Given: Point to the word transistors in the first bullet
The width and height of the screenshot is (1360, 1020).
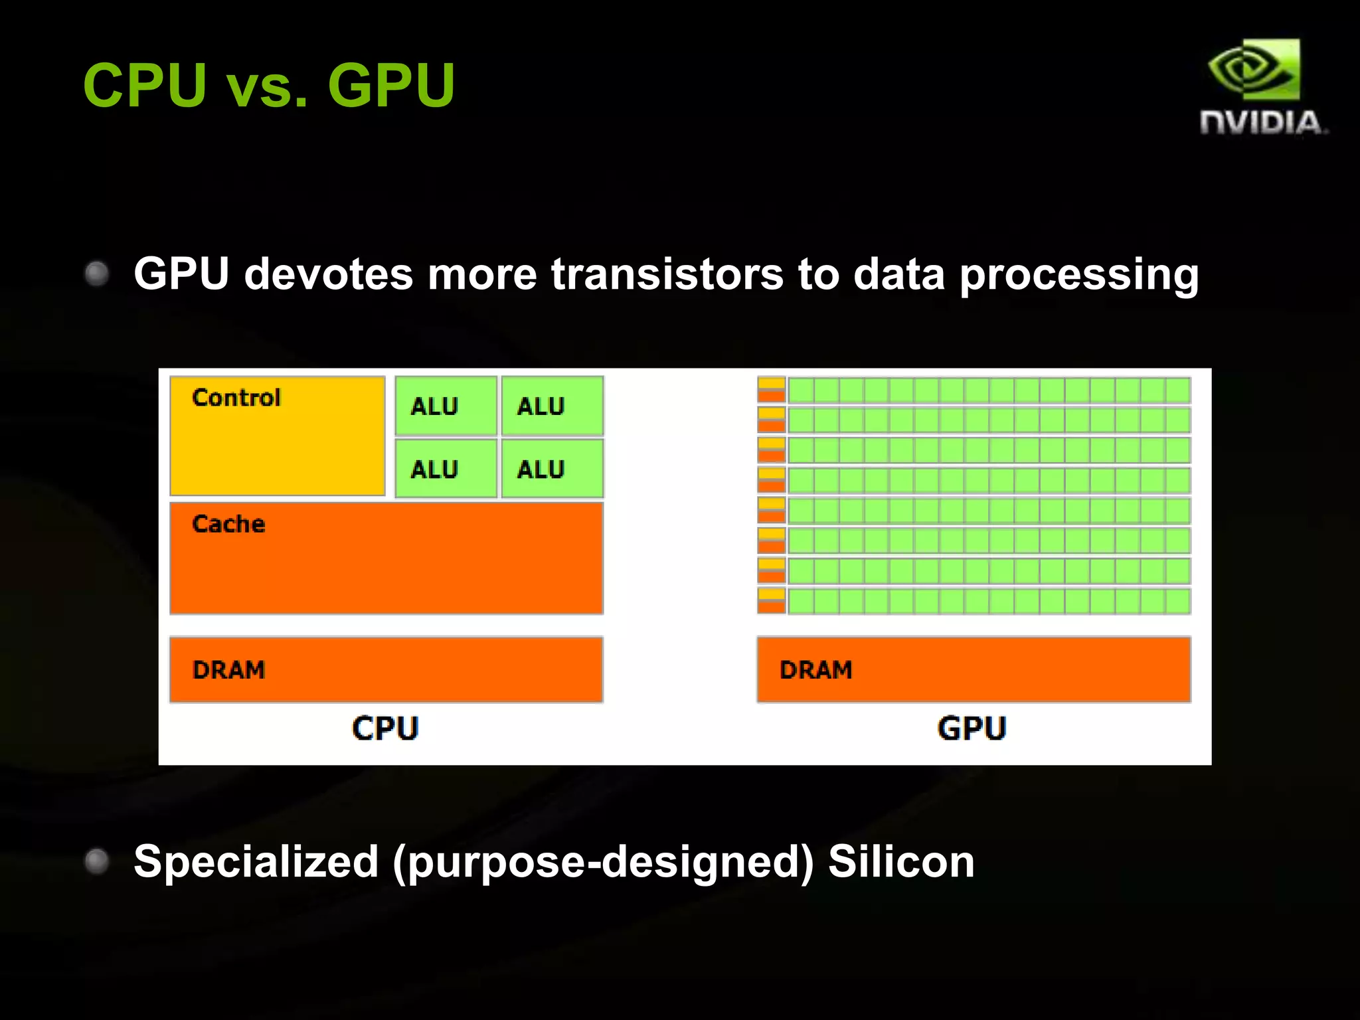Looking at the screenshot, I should point(667,274).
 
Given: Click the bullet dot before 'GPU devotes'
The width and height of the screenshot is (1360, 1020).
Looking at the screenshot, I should point(97,274).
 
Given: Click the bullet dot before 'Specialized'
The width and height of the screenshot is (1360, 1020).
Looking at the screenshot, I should point(97,861).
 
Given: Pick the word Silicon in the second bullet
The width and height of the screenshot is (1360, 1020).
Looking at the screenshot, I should point(901,861).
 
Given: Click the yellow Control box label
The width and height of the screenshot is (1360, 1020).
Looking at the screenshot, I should point(236,398).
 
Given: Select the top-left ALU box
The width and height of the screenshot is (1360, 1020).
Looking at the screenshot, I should point(446,406).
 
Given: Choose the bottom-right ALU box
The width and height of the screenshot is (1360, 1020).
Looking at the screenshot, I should point(552,469).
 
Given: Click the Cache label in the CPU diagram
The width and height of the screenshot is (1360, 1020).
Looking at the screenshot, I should point(228,524).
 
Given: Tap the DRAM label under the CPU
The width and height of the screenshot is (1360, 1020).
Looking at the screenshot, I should point(228,670).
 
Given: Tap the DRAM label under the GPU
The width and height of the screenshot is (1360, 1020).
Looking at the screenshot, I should point(815,670).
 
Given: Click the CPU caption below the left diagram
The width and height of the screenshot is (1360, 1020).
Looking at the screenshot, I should point(385,728).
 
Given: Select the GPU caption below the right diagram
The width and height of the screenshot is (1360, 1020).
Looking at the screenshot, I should point(972,728).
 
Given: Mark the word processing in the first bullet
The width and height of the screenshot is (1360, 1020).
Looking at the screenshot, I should point(1079,275).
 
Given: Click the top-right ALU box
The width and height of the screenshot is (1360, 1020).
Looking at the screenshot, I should point(552,406).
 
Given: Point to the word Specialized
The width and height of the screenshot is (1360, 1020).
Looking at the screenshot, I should point(256,861).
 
